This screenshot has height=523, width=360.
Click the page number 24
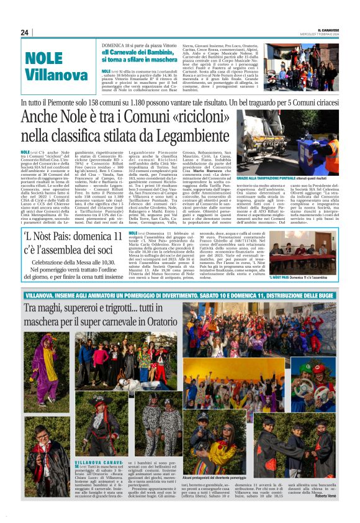click(x=24, y=32)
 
